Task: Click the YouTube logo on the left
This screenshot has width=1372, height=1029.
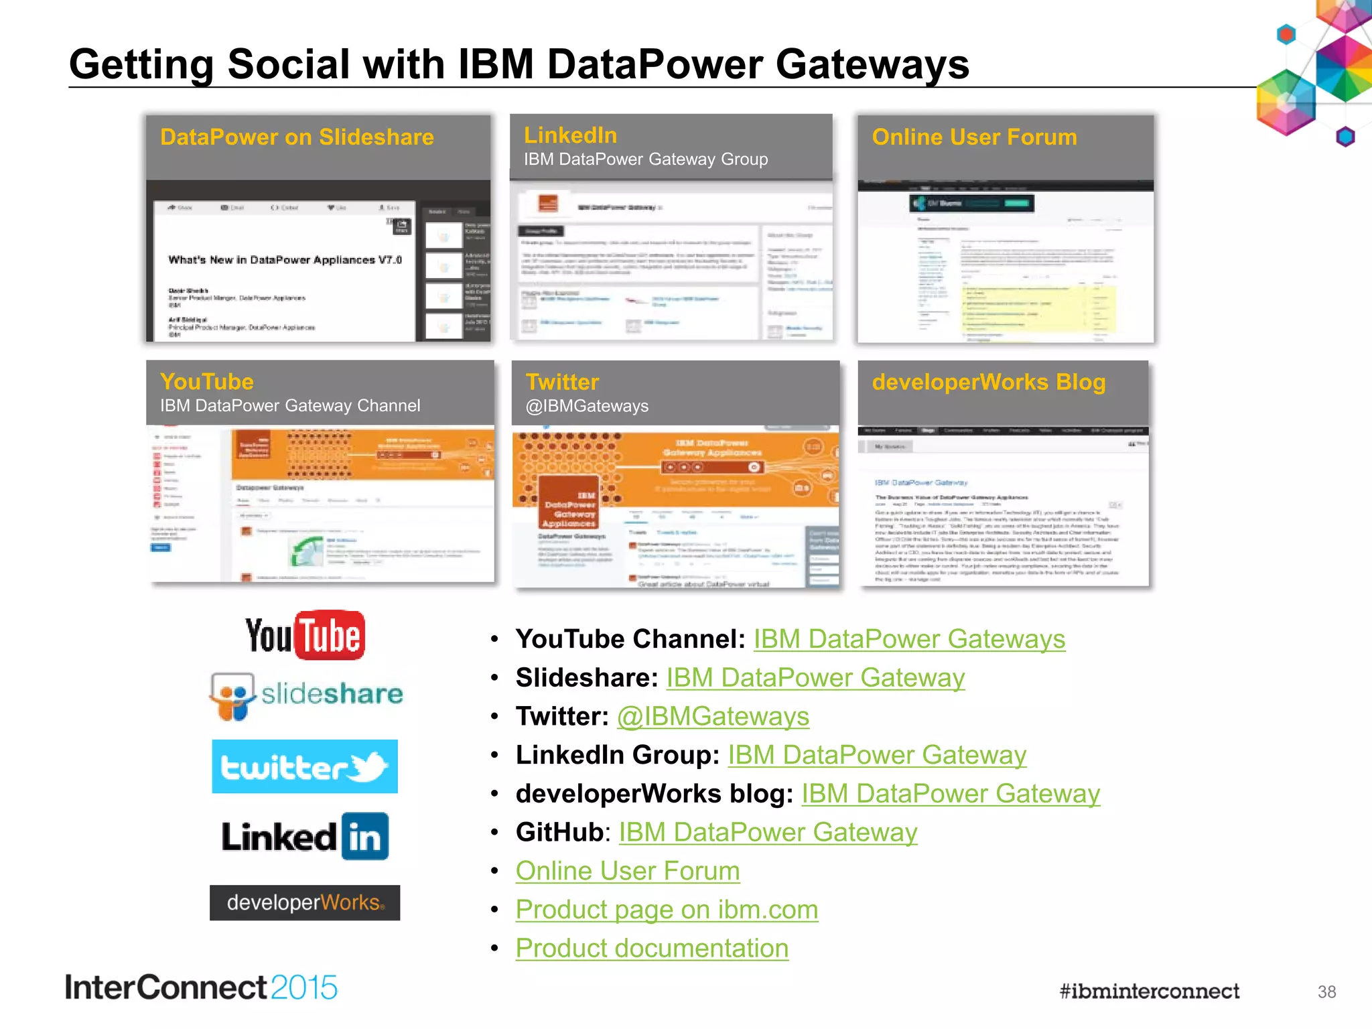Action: tap(305, 635)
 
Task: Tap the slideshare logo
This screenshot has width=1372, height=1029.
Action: tap(306, 695)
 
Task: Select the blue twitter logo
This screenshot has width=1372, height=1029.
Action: tap(305, 766)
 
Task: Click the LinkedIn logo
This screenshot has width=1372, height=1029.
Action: tap(305, 837)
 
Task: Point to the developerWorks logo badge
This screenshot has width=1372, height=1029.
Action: tap(305, 902)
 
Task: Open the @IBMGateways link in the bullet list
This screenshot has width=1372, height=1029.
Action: tap(713, 716)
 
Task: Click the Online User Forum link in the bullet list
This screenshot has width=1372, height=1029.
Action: tap(628, 871)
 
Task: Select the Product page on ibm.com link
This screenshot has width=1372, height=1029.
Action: tap(667, 910)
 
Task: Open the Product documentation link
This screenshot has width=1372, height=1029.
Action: tap(652, 949)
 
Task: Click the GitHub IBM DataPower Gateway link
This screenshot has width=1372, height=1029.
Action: tap(768, 832)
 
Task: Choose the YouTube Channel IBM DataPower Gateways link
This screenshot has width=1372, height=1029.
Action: tap(909, 639)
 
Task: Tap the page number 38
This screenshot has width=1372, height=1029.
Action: tap(1326, 992)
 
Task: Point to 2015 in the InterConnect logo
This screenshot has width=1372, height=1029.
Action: tap(304, 988)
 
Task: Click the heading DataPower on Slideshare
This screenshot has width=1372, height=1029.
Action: tap(297, 137)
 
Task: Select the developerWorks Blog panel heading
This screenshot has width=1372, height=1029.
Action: tap(989, 382)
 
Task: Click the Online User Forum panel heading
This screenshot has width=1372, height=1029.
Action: tap(975, 137)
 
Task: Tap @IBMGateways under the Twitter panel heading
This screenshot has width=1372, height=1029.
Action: tap(587, 406)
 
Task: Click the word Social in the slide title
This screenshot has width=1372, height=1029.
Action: tap(289, 64)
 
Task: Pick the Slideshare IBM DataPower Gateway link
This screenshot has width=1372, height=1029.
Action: tap(815, 677)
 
